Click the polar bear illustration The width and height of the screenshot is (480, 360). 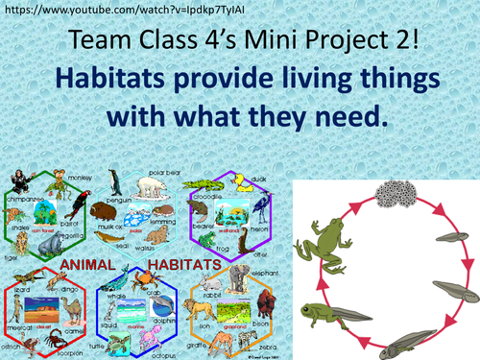[153, 182]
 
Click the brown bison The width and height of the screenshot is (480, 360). [258, 316]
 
